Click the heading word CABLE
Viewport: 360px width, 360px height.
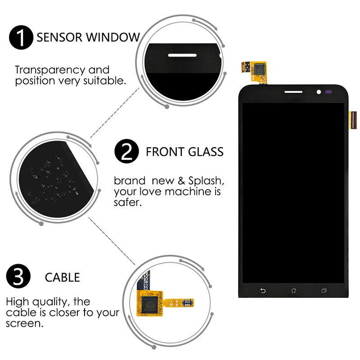62,277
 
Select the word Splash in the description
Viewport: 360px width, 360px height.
205,181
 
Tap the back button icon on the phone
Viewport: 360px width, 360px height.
263,290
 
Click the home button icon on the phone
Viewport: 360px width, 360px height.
293,290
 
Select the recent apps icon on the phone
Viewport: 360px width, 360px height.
324,290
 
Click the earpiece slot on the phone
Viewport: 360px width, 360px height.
293,92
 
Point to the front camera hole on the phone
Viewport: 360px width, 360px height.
319,92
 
